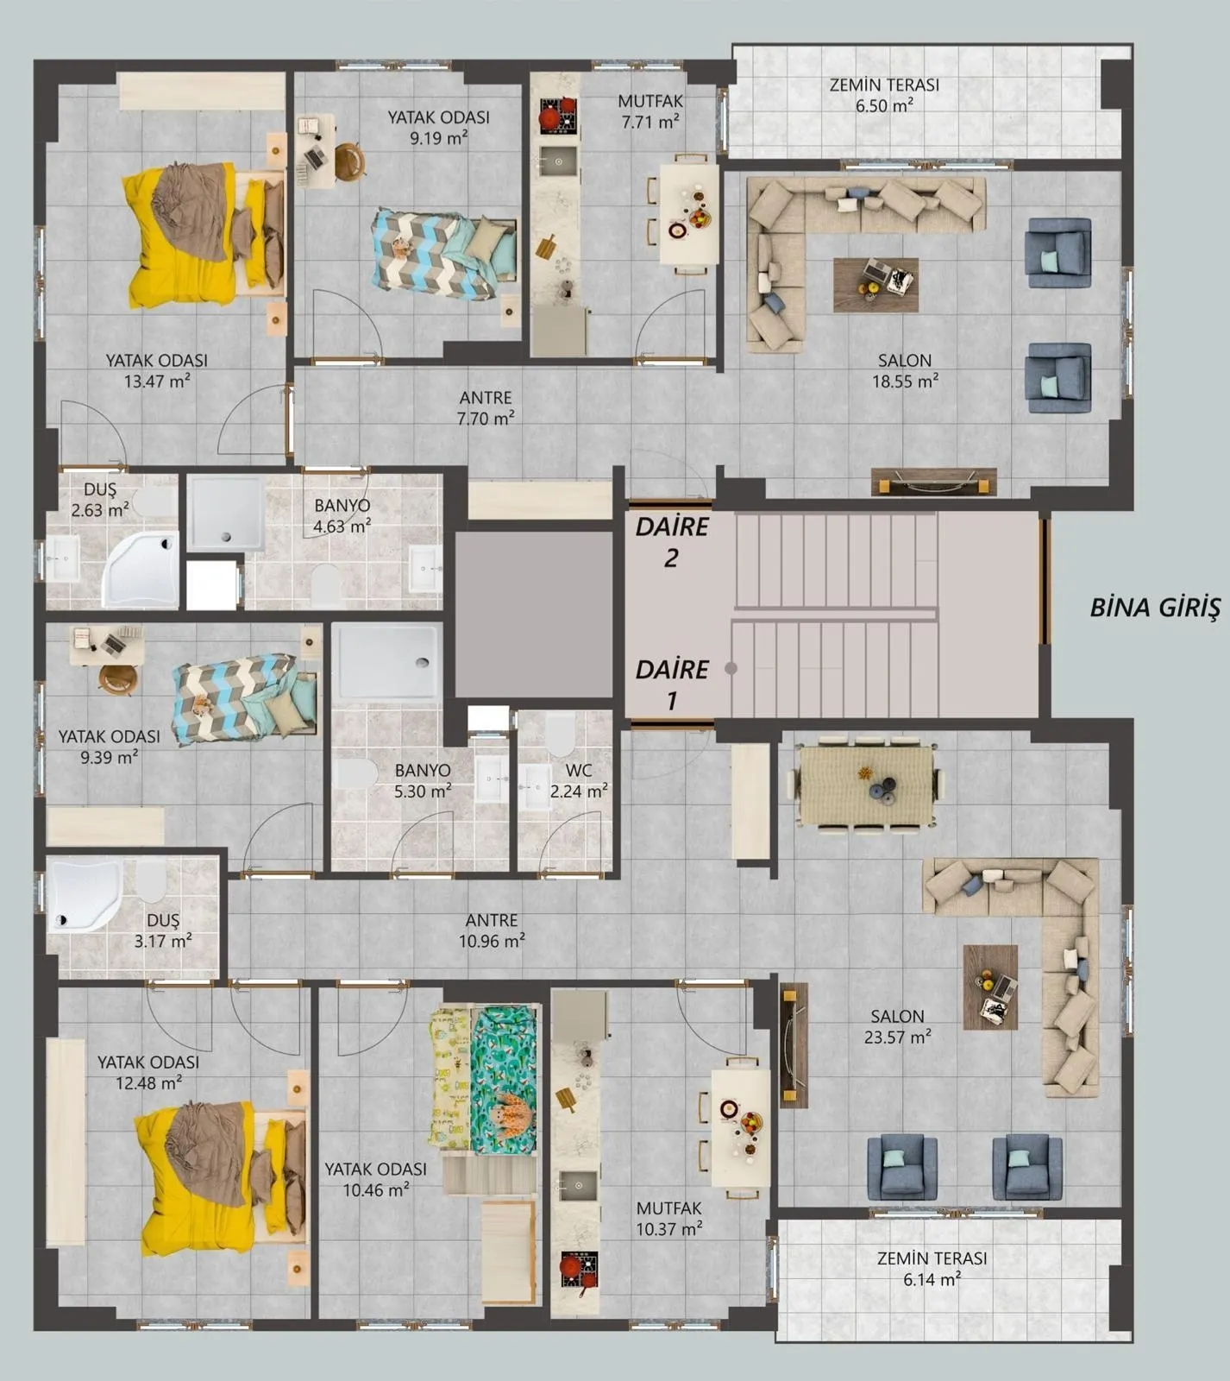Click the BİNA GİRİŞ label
[x=1155, y=608]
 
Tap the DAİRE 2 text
[x=672, y=542]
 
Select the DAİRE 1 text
[x=672, y=684]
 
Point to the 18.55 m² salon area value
[x=905, y=381]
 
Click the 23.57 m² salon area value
[x=898, y=1037]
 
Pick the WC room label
[x=579, y=770]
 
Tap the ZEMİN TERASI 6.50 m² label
[x=884, y=95]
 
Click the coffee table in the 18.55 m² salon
[x=875, y=285]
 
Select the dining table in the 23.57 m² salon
[x=866, y=785]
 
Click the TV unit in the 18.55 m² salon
[x=933, y=482]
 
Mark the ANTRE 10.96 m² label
[x=492, y=930]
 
